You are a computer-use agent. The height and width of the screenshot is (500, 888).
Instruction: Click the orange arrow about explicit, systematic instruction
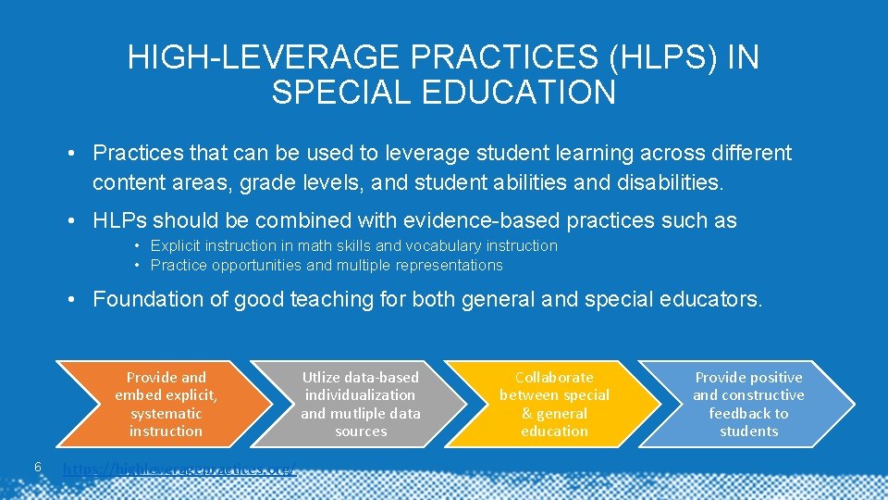(166, 405)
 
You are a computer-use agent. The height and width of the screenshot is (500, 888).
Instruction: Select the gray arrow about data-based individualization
(361, 405)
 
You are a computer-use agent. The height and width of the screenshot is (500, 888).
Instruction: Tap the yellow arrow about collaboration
(555, 405)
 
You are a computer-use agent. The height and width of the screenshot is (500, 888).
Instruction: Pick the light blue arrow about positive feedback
(748, 405)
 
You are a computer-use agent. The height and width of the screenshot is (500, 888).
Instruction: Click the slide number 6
(36, 467)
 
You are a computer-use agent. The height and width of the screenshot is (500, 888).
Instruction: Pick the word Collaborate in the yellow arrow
(555, 377)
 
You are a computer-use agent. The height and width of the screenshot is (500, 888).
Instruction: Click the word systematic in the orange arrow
(166, 413)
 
